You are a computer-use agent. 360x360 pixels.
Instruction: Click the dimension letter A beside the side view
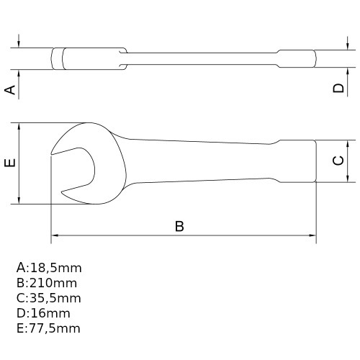click(10, 89)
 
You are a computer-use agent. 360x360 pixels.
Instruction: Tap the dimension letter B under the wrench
click(180, 226)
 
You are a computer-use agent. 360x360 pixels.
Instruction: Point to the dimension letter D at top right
click(338, 89)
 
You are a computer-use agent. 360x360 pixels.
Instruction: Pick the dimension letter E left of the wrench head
click(10, 163)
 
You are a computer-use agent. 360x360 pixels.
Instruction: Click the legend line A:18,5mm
click(48, 267)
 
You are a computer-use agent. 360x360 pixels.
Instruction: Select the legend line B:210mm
click(46, 283)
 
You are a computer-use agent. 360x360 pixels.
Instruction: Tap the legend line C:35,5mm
click(48, 298)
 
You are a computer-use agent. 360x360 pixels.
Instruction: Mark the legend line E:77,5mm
click(48, 328)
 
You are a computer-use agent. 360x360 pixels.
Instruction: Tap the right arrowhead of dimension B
click(312, 235)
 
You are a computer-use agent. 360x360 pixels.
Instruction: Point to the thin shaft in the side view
click(202, 58)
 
